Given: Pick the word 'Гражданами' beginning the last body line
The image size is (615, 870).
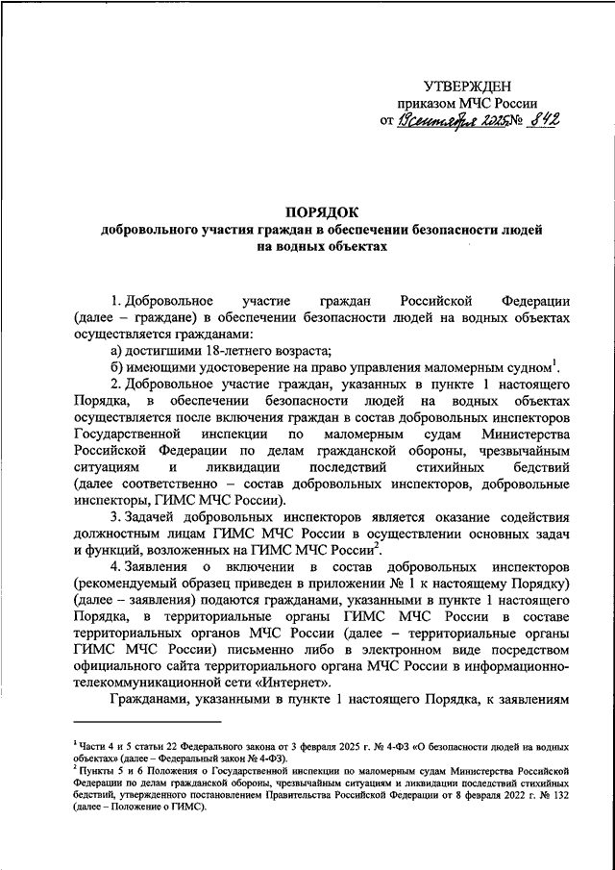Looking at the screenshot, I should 151,701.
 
